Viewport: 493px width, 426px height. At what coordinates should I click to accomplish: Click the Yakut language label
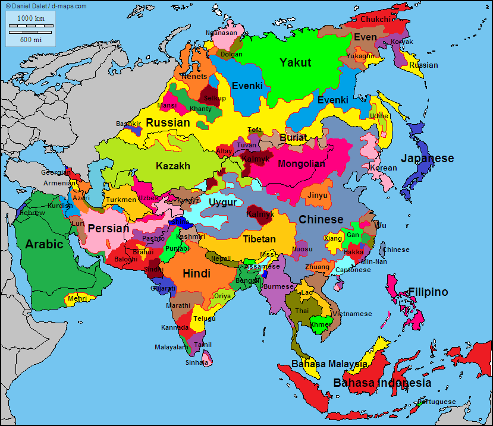pyautogui.click(x=296, y=63)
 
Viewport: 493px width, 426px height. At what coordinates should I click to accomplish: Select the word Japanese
pyautogui.click(x=427, y=159)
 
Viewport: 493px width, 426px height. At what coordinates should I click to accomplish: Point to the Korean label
pyautogui.click(x=383, y=168)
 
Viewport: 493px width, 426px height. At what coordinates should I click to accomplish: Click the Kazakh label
pyautogui.click(x=173, y=166)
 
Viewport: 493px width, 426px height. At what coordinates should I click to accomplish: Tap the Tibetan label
pyautogui.click(x=259, y=239)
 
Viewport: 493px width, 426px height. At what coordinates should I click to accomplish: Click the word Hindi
pyautogui.click(x=196, y=274)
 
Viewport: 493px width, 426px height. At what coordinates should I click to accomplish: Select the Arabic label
pyautogui.click(x=44, y=244)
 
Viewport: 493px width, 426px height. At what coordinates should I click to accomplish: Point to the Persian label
pyautogui.click(x=108, y=229)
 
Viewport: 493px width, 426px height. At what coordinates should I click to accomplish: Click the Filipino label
pyautogui.click(x=428, y=292)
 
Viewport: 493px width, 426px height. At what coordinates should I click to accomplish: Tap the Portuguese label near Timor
pyautogui.click(x=436, y=402)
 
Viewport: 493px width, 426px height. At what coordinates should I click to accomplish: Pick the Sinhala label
pyautogui.click(x=197, y=362)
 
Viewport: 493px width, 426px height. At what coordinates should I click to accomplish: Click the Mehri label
pyautogui.click(x=78, y=298)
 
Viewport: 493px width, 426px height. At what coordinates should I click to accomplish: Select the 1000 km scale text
pyautogui.click(x=30, y=18)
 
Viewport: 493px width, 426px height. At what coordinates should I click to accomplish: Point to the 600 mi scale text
pyautogui.click(x=30, y=40)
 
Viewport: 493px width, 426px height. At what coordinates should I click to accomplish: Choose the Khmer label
pyautogui.click(x=320, y=325)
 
